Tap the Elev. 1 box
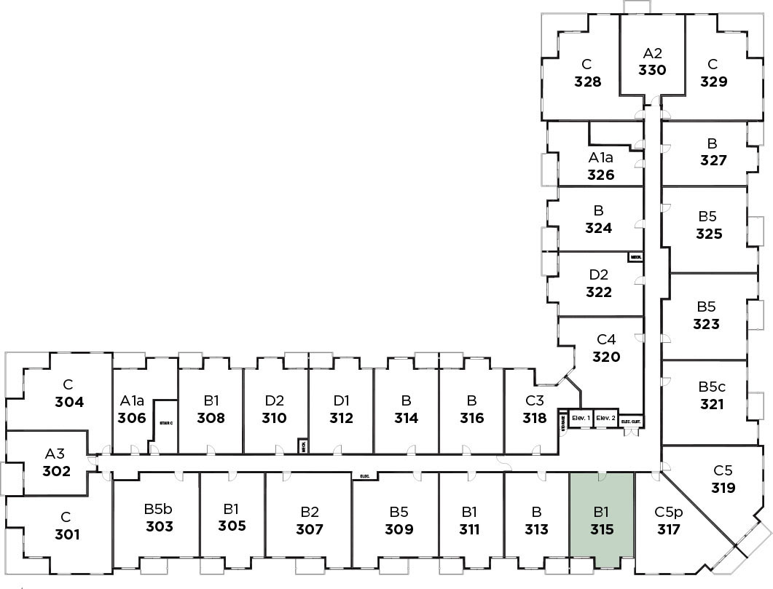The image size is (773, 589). tap(581, 418)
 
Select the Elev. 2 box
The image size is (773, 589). tap(606, 418)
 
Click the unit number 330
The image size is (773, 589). tap(652, 71)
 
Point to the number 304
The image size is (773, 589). tap(68, 402)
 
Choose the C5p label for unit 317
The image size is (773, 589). tap(667, 512)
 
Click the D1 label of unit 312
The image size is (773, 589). tap(340, 400)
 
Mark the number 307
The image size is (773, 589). tap(310, 529)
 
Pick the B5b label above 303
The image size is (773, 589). tap(159, 509)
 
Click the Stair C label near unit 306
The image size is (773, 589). tap(165, 423)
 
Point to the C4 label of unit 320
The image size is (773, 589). tap(606, 339)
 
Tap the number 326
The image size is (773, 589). tap(601, 175)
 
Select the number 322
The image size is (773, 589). tap(598, 292)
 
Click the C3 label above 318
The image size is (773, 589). tap(535, 400)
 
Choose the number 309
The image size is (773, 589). tap(399, 529)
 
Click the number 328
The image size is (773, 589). tap(587, 81)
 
